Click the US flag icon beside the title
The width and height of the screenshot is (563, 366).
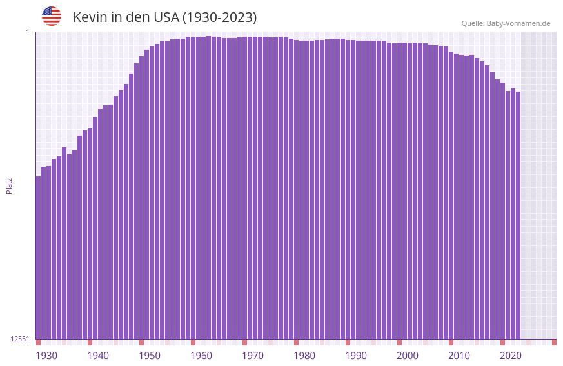(x=52, y=16)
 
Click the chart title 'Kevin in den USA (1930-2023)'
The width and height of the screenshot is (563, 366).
(x=164, y=17)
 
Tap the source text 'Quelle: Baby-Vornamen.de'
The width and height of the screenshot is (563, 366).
(x=506, y=23)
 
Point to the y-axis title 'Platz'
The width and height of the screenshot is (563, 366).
(x=9, y=185)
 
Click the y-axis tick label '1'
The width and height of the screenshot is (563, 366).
(x=28, y=32)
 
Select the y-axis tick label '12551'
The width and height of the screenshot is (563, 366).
(x=20, y=339)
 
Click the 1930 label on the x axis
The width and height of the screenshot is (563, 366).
(x=46, y=355)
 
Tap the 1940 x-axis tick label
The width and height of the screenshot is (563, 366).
(x=98, y=355)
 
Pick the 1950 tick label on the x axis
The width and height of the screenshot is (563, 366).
(x=150, y=355)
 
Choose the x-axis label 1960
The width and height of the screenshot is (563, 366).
(x=201, y=355)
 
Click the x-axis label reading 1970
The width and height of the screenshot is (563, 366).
(x=253, y=355)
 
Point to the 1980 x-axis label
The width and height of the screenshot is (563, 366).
(x=304, y=355)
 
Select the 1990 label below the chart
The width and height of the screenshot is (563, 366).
(x=356, y=355)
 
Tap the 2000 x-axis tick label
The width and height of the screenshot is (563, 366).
(x=408, y=355)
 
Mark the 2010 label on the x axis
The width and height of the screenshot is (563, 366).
(x=459, y=355)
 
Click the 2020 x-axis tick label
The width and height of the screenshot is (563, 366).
(x=511, y=355)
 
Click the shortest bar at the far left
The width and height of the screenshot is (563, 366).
(x=38, y=258)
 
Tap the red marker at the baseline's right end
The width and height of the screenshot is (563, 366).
(x=554, y=342)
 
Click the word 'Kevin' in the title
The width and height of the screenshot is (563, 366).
(x=90, y=17)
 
